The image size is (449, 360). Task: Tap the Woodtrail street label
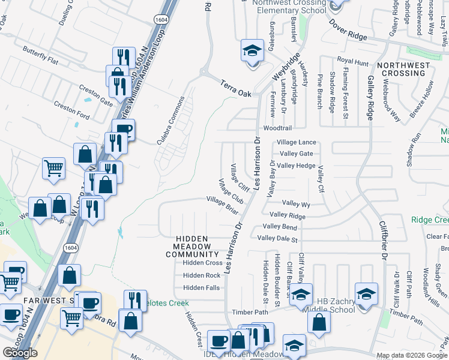point(277,128)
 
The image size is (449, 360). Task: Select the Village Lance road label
point(296,143)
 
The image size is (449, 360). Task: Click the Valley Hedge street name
point(297,166)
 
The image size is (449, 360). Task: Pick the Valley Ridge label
point(288,215)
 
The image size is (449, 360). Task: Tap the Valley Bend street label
point(281,227)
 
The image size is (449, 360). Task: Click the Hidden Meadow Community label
point(192,247)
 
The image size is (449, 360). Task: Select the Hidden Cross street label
point(202,263)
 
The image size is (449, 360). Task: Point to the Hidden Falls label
point(202,288)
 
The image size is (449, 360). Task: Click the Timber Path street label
point(250,313)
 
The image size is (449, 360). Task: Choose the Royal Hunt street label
point(352,61)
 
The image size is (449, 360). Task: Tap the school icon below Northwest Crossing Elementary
point(253,51)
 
